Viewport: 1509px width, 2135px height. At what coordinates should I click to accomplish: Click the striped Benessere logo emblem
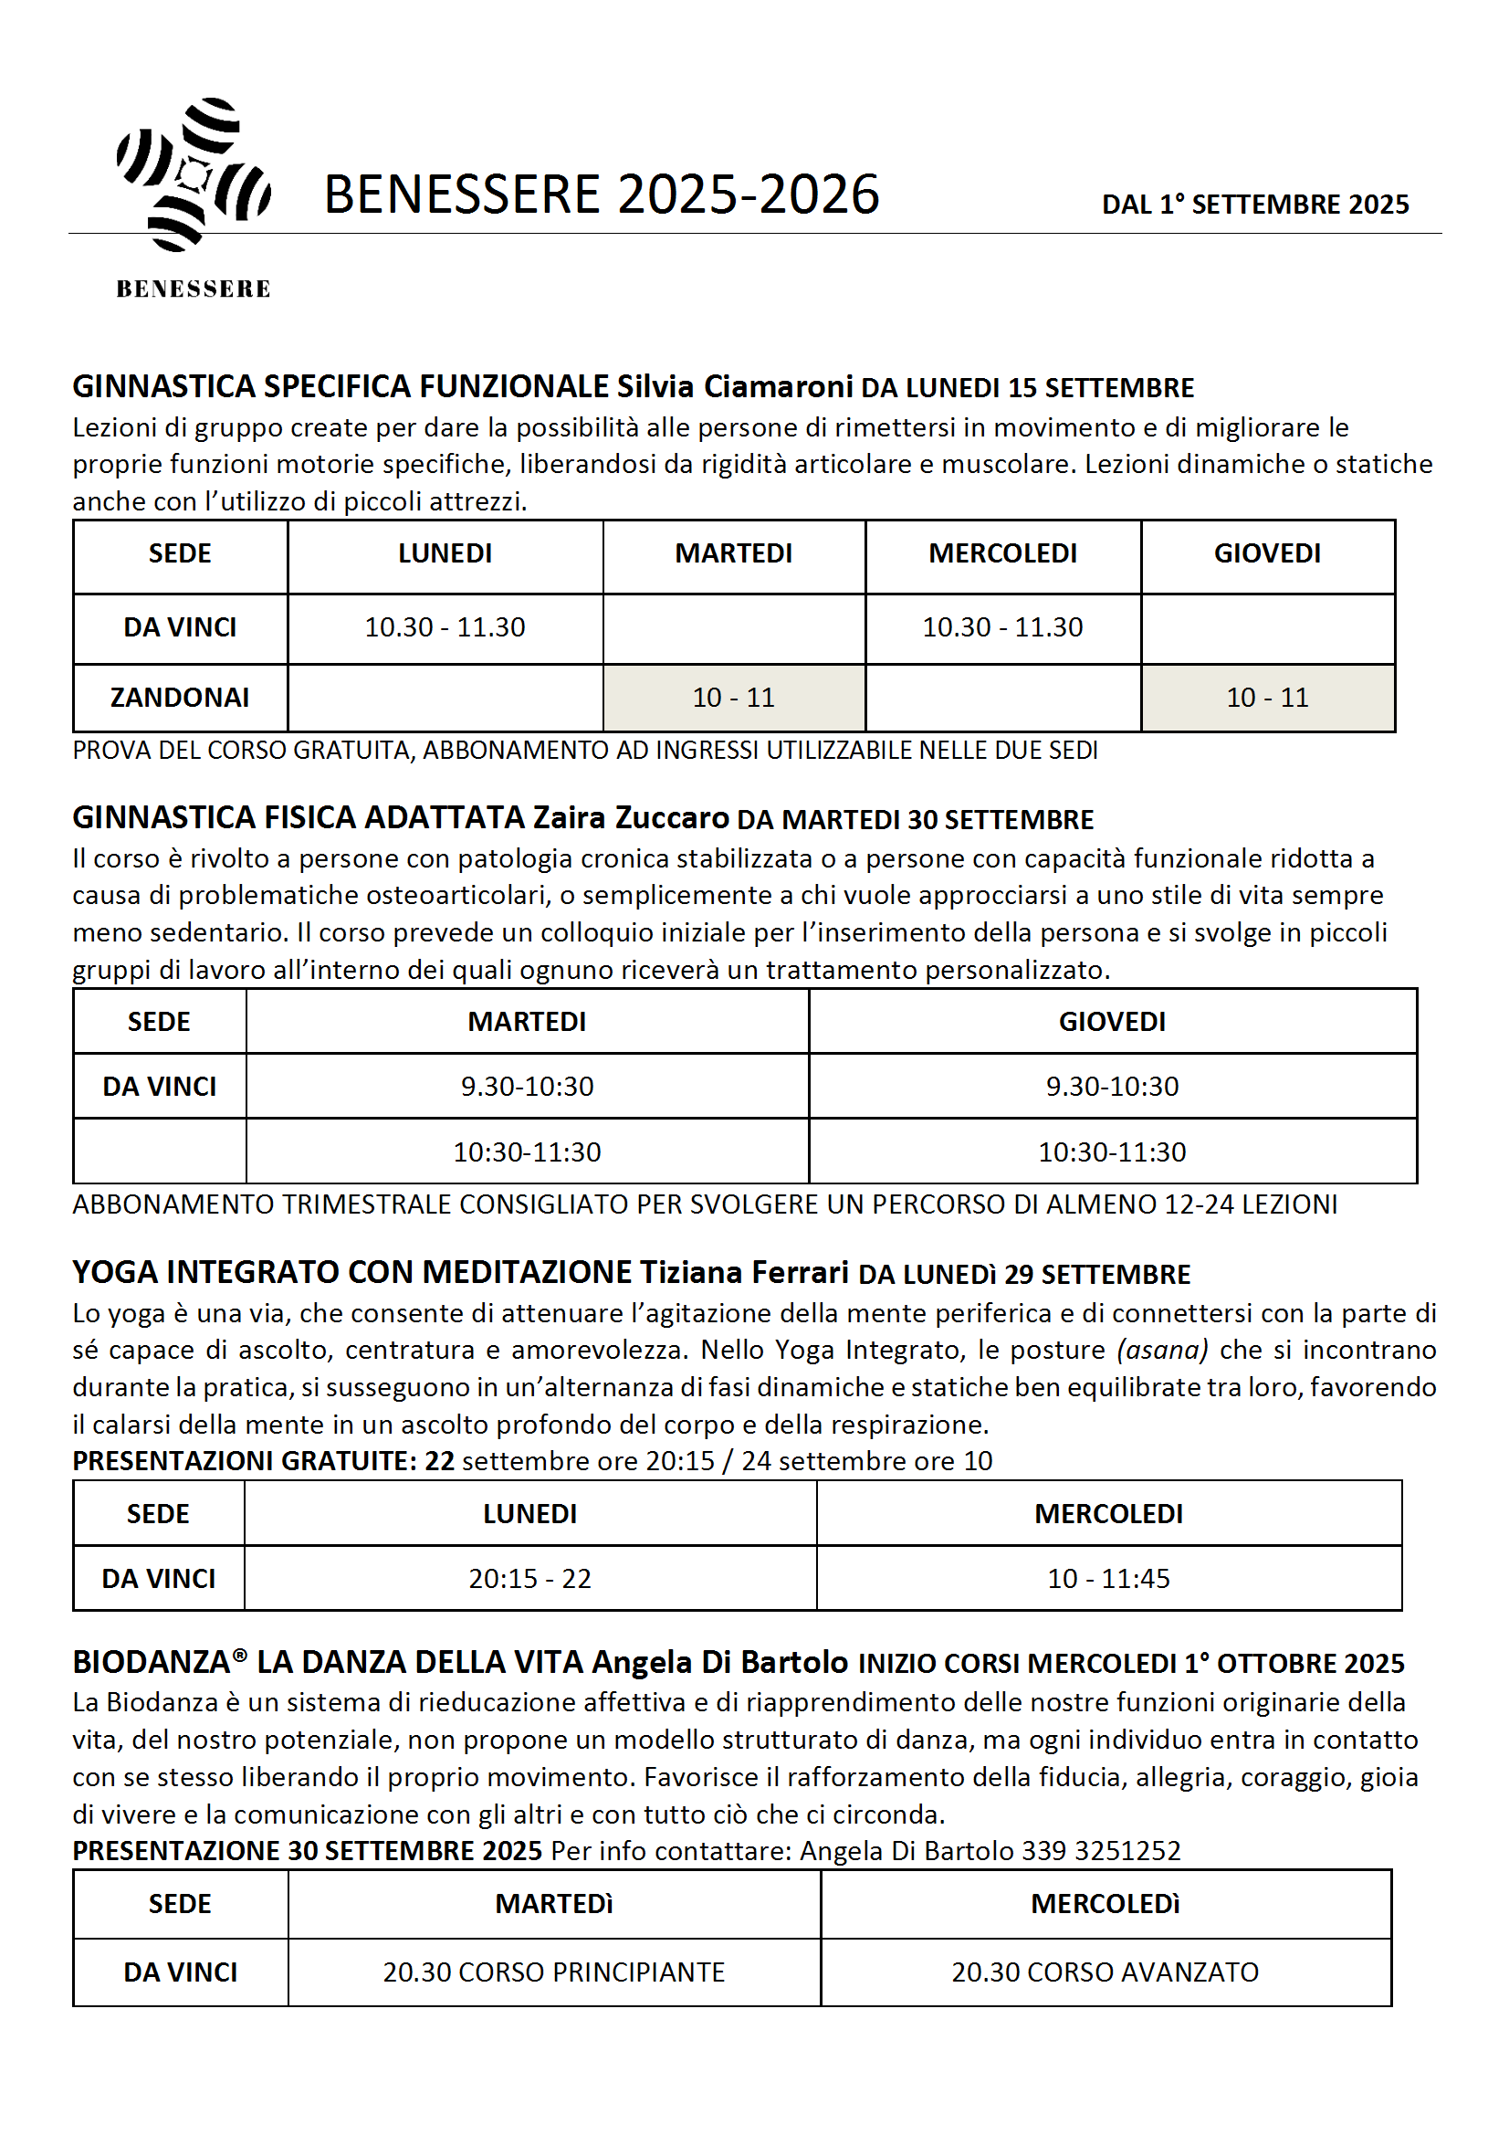[194, 174]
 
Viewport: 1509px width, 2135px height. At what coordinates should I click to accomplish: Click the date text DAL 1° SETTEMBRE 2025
[1254, 205]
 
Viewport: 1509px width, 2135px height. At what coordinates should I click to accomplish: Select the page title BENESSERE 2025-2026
[601, 195]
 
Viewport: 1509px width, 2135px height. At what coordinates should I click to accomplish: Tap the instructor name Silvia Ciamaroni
[735, 386]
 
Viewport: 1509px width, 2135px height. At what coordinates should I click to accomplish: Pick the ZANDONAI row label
[180, 698]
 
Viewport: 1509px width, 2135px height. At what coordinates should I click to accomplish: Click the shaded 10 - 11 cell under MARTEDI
[734, 698]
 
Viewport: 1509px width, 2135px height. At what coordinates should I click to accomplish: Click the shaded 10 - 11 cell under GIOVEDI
[1266, 698]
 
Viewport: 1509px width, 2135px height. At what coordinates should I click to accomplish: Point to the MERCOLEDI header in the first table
[1002, 553]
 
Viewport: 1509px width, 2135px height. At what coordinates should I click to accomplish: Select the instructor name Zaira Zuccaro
[631, 817]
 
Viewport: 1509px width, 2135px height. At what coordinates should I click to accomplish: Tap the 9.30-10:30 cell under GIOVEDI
[1112, 1086]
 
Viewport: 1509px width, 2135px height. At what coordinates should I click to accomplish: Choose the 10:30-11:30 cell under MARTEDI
[527, 1152]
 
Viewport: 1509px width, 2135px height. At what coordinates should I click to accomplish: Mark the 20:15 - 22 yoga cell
[530, 1578]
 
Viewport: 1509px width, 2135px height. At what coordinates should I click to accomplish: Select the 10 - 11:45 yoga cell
[1108, 1578]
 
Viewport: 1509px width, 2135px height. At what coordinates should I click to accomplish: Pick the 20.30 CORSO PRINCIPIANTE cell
[554, 1972]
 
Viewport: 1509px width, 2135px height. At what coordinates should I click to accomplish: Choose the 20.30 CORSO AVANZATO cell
[1105, 1972]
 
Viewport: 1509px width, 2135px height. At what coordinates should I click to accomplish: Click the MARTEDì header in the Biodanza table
[554, 1903]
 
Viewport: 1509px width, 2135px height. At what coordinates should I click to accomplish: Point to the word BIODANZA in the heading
[152, 1663]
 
